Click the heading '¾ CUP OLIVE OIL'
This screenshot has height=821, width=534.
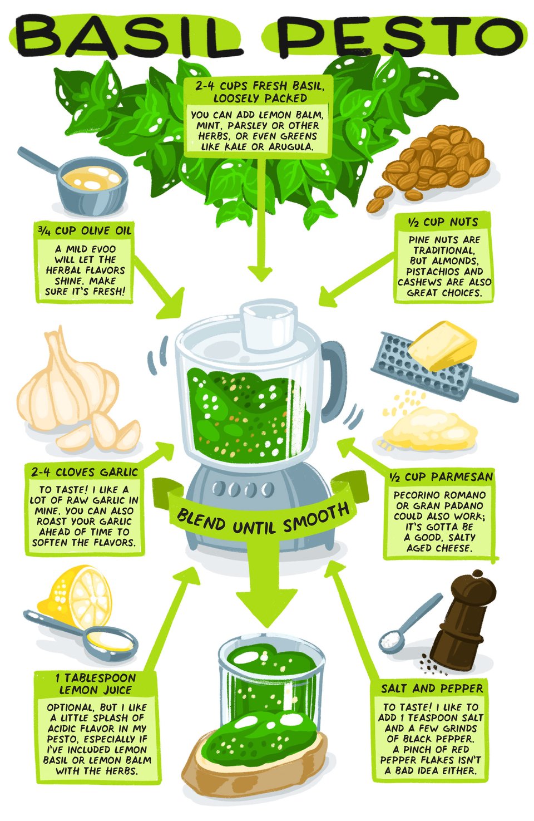tap(84, 231)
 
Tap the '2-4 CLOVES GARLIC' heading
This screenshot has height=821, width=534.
tap(84, 471)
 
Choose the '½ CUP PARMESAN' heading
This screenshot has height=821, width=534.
tap(441, 477)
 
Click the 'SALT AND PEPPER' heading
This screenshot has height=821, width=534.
tap(432, 689)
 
